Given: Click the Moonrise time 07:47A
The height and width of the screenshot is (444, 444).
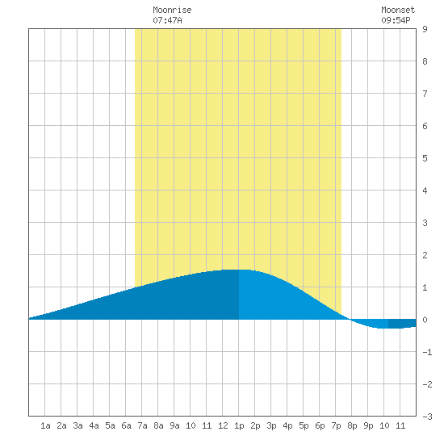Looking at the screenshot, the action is [x=167, y=20].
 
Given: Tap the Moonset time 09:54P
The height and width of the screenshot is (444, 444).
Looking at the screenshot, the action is [x=396, y=20].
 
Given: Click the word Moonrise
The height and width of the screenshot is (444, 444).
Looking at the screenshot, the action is [x=172, y=10].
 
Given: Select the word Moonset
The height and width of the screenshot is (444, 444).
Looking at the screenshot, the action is [x=398, y=10].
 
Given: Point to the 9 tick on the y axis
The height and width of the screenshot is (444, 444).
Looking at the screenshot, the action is [x=425, y=29].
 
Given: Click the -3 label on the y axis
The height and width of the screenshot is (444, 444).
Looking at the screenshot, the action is [x=427, y=417].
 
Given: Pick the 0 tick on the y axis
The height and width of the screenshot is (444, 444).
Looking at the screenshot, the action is [x=425, y=320].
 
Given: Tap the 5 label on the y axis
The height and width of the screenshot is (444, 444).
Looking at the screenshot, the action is [x=425, y=158].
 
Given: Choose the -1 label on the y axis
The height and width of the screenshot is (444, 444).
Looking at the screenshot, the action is [x=427, y=352].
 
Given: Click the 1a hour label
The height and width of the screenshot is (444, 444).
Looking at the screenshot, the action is [x=45, y=425].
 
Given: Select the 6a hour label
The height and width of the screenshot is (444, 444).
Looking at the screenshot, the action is [x=126, y=425].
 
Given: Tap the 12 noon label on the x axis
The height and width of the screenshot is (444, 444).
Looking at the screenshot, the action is [x=223, y=425].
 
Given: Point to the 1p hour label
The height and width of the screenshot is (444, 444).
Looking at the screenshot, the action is [x=239, y=425].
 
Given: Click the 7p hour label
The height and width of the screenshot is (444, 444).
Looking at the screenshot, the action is [x=336, y=425].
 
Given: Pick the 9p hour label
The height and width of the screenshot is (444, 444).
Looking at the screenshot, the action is [x=368, y=425].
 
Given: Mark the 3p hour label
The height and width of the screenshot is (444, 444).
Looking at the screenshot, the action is [x=271, y=425].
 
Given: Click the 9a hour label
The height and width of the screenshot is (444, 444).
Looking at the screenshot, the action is [x=174, y=425].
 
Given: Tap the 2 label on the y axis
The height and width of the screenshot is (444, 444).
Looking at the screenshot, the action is [x=425, y=255].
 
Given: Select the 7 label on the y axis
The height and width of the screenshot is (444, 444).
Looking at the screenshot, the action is [x=425, y=94].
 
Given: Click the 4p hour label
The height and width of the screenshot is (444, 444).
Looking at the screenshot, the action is [x=287, y=425].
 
